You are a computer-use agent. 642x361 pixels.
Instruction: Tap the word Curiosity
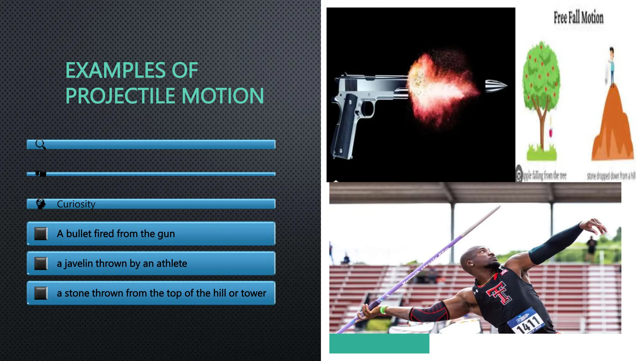click(76, 204)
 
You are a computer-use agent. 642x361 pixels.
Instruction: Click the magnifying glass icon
click(40, 144)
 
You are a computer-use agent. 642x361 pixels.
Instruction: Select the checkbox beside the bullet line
click(41, 234)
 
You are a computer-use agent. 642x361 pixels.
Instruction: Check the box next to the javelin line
click(41, 264)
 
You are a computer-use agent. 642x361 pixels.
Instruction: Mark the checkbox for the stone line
click(41, 293)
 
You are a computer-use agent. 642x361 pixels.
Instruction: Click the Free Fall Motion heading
click(578, 18)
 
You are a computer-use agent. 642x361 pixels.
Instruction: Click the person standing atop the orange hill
click(611, 66)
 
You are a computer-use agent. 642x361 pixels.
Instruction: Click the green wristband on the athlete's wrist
click(383, 310)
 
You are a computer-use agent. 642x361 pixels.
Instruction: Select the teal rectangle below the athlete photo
click(379, 343)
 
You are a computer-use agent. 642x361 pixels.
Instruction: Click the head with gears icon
click(40, 204)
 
